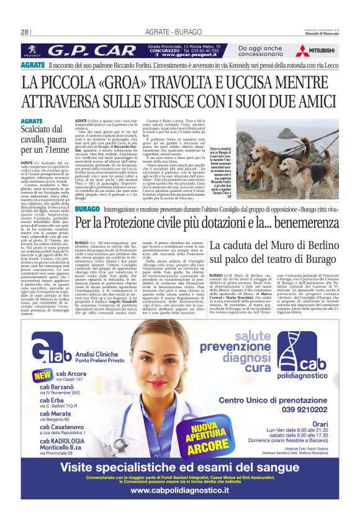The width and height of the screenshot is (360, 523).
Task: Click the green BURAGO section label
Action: pos(86,209)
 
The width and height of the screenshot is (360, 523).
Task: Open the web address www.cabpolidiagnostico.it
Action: pos(180,504)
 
